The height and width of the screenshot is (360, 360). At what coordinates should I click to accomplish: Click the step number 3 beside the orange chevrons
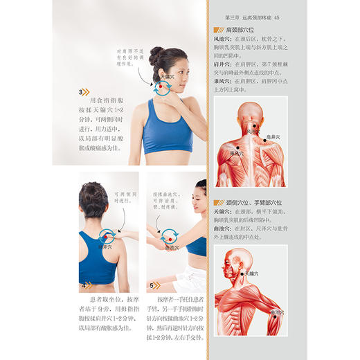81,92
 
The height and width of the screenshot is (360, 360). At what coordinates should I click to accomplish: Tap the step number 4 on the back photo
84,285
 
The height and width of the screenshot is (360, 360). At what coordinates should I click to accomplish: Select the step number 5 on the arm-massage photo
152,285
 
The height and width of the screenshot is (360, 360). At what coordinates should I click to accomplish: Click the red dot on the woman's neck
163,85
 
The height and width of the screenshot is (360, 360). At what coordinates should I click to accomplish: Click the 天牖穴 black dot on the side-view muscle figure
244,272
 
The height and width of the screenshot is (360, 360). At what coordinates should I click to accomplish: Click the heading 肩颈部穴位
240,30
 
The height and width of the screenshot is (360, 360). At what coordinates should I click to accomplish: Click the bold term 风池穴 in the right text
223,40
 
